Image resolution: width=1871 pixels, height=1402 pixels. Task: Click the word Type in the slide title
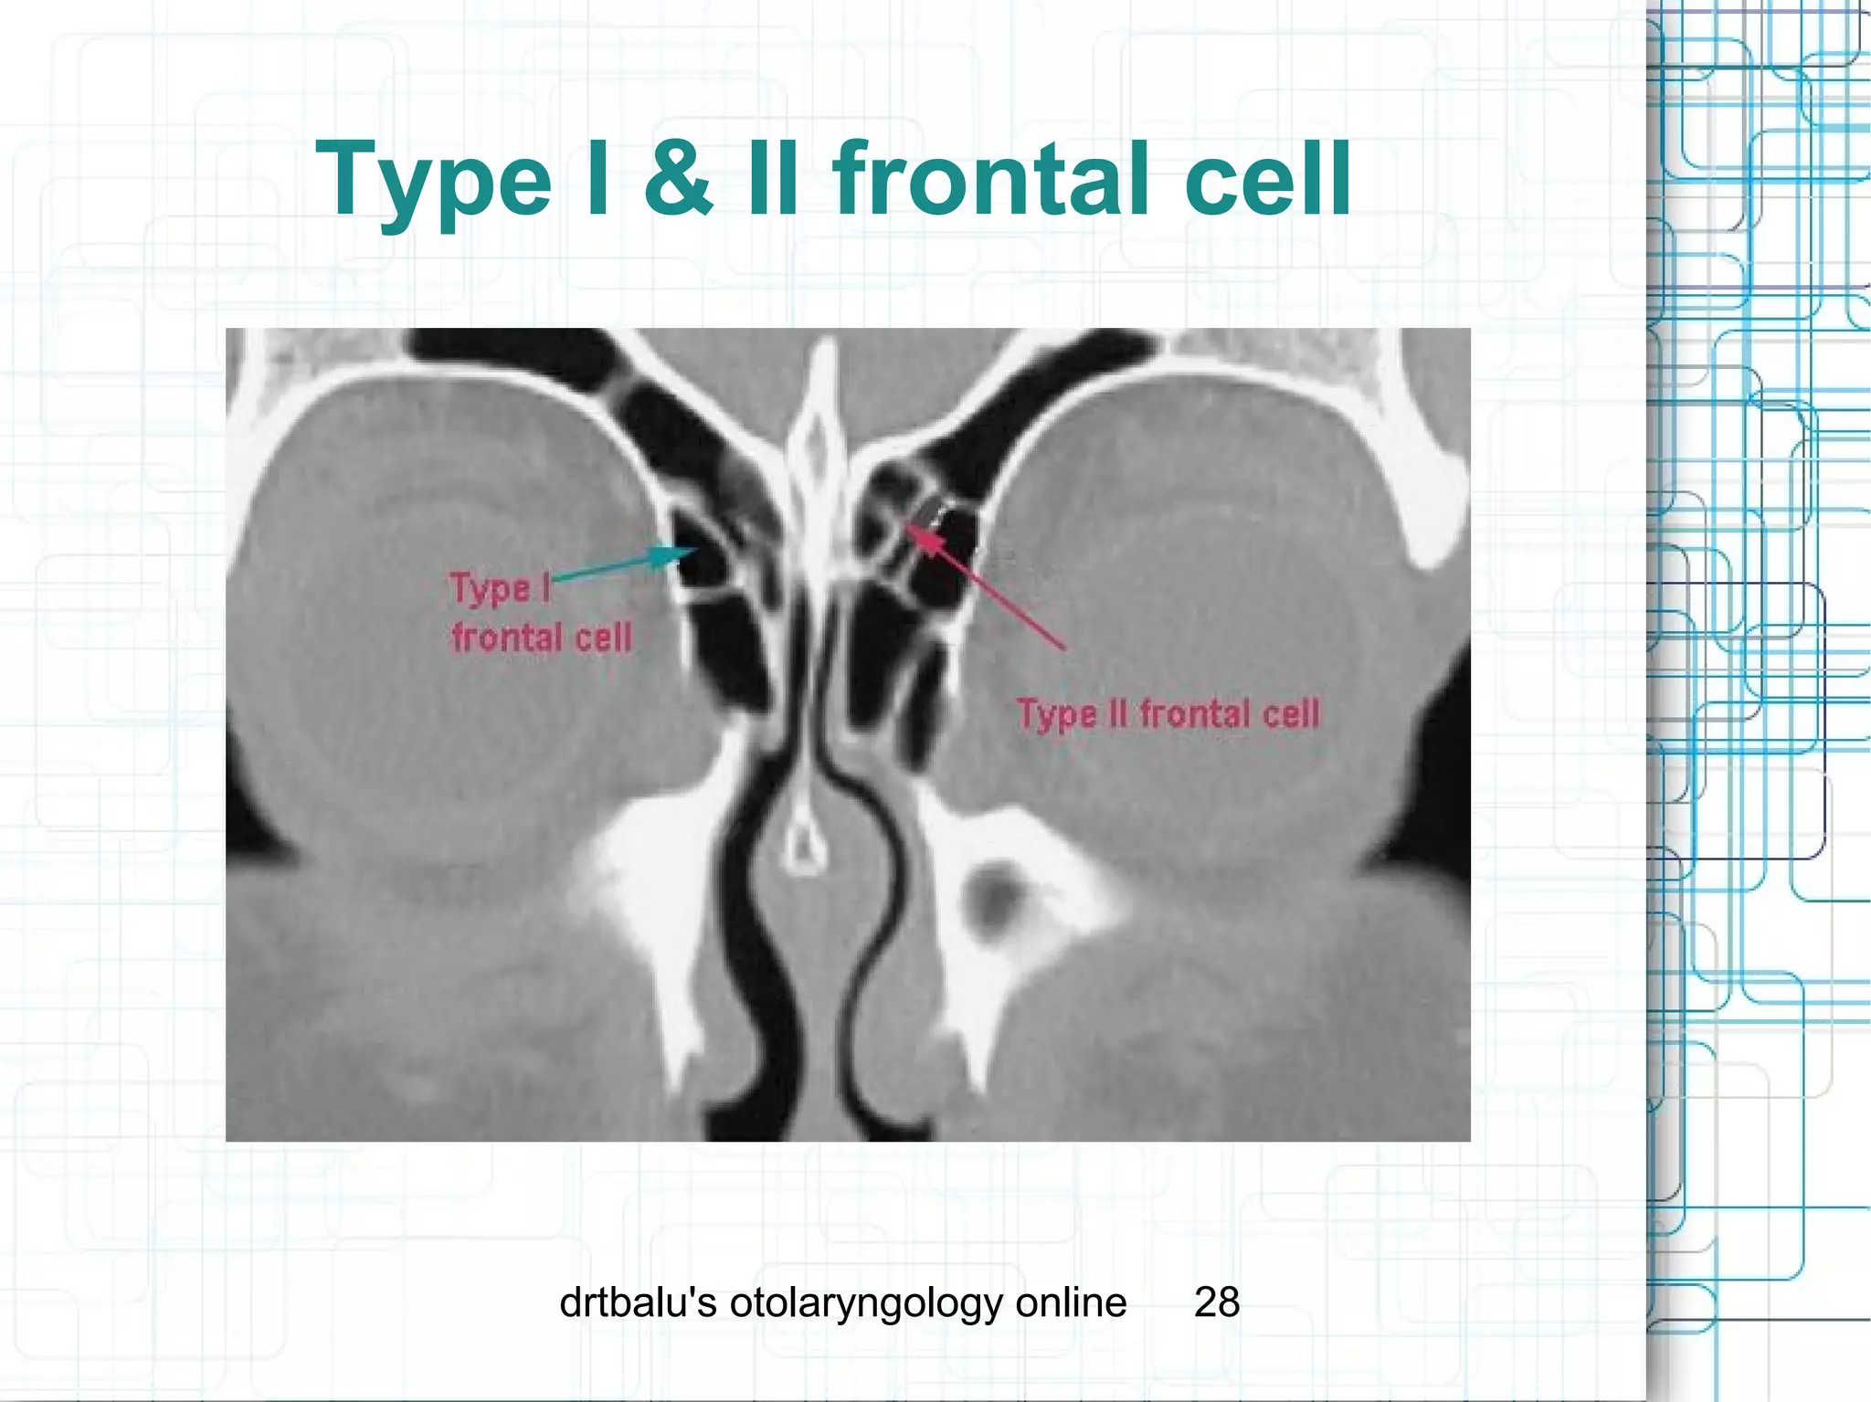tap(433, 180)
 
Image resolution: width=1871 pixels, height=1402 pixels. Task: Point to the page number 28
tap(1216, 1302)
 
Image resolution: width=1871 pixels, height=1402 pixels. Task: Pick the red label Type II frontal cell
tap(1168, 713)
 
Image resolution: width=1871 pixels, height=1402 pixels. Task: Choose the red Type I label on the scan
tap(501, 588)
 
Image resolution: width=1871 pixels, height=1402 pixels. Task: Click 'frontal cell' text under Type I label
tap(542, 637)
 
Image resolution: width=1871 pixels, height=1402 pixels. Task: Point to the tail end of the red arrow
tap(1063, 648)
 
